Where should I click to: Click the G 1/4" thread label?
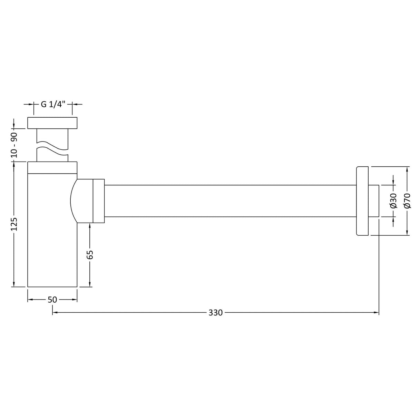coord(53,104)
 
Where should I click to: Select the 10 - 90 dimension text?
coord(14,145)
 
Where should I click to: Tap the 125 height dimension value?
coord(14,224)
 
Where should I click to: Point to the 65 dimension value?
coord(90,254)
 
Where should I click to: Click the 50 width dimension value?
coord(52,300)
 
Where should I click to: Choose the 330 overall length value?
coord(215,313)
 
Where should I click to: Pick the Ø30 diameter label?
coord(393,201)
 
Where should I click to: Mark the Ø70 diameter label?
coord(407,201)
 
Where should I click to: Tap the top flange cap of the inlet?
coord(52,123)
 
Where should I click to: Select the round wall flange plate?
coord(362,201)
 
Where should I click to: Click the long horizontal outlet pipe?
coord(230,201)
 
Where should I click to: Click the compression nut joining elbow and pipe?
coord(99,201)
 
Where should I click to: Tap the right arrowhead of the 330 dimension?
coord(377,313)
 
